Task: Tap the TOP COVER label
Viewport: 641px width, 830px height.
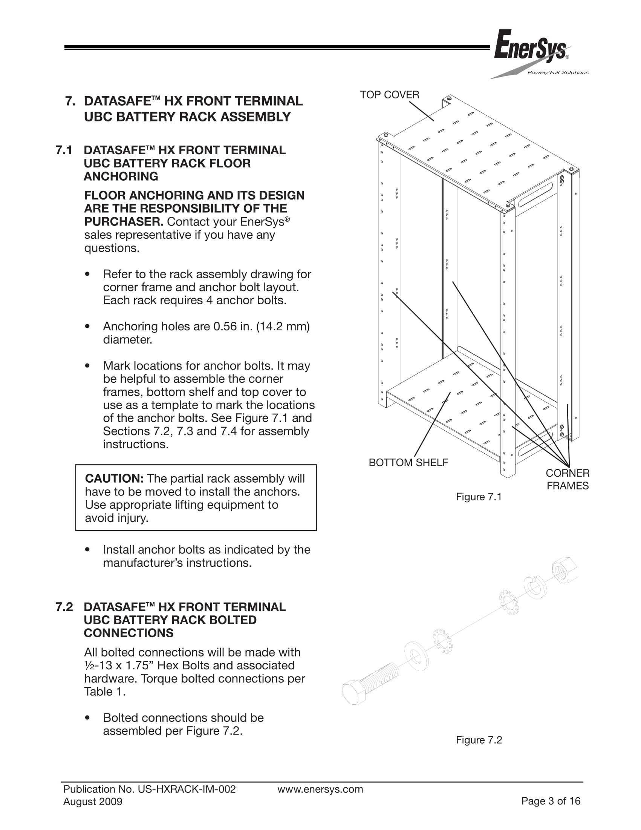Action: [389, 95]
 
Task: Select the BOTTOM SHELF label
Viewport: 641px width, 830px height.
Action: [408, 462]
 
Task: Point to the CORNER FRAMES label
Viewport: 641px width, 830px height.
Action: [568, 479]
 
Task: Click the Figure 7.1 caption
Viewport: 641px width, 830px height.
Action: [479, 497]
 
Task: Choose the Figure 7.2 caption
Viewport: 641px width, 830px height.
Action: [479, 740]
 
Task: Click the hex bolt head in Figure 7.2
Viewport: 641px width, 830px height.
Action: [353, 692]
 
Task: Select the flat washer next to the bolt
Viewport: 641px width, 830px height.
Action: [416, 656]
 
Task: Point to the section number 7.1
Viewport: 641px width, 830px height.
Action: [64, 150]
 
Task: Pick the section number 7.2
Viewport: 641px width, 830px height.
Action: [64, 607]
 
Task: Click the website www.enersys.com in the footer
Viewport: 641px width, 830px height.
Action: [320, 789]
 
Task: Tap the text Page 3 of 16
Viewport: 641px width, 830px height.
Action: [551, 801]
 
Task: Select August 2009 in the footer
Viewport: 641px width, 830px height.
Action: [93, 802]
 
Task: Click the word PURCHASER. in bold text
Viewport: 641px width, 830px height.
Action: [124, 222]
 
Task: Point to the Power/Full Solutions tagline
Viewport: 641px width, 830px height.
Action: [557, 72]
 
